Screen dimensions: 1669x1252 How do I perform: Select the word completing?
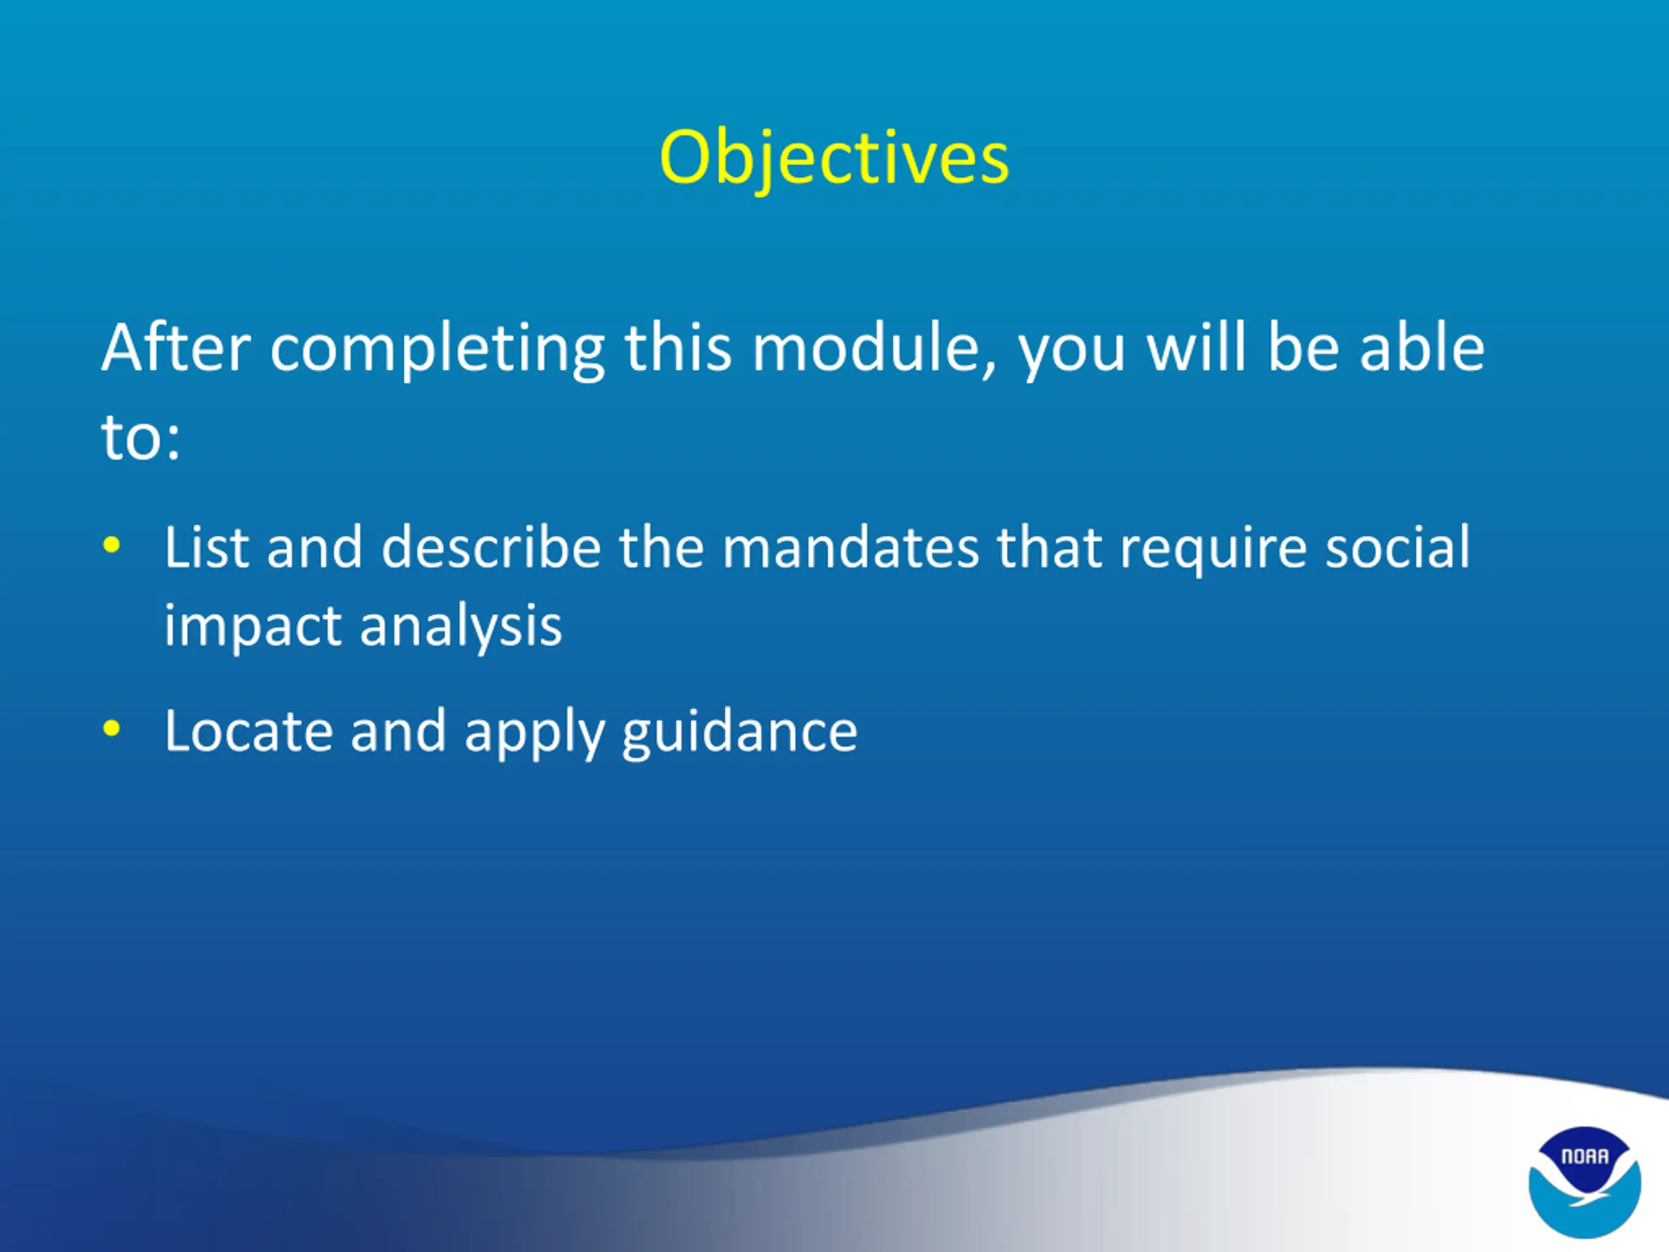click(437, 350)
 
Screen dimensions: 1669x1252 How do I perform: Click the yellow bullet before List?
click(111, 544)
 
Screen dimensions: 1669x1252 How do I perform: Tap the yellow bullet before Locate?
click(111, 728)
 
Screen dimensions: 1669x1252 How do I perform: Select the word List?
click(206, 546)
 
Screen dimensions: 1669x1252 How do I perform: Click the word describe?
click(491, 546)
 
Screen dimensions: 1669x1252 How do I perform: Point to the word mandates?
click(850, 546)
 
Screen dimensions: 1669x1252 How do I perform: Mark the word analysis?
click(460, 627)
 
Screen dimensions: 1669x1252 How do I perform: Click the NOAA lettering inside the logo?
click(1584, 1156)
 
